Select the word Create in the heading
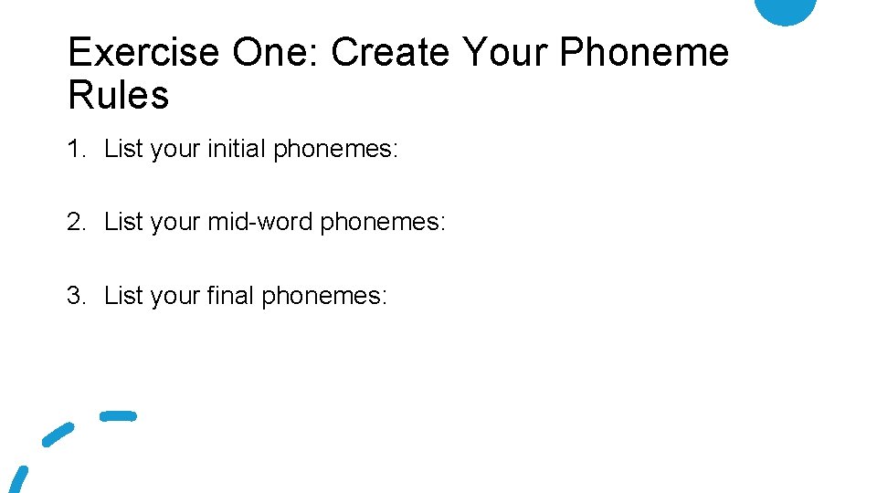(390, 53)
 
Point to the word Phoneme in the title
(644, 53)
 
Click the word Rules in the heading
(119, 95)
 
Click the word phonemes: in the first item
(335, 150)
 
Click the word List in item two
(121, 222)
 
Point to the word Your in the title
(504, 53)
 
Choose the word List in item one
(121, 149)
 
